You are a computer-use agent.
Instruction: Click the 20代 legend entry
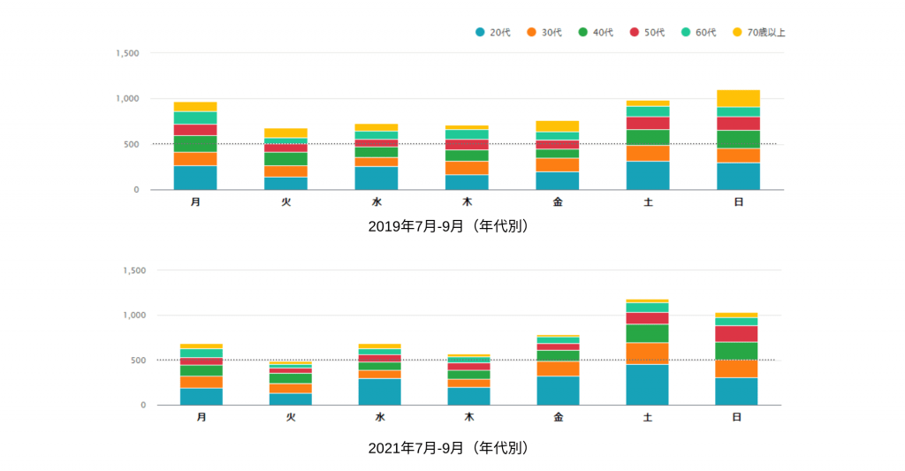tap(493, 33)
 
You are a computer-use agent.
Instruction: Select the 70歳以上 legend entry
tap(758, 33)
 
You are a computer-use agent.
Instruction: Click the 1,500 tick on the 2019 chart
tap(127, 53)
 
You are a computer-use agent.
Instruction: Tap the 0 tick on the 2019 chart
tap(136, 190)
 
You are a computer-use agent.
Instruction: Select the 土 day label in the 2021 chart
tap(648, 417)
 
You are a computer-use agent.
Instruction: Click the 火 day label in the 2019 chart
tap(285, 202)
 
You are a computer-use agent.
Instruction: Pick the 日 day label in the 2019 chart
tap(738, 202)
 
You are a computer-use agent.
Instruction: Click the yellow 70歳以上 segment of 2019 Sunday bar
tap(738, 98)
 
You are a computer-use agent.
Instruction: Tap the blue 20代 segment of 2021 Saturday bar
tap(648, 384)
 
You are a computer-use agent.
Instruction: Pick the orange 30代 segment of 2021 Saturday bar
tap(648, 353)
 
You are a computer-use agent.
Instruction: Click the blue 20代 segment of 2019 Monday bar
tap(195, 178)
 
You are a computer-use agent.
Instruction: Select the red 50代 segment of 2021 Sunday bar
tap(736, 333)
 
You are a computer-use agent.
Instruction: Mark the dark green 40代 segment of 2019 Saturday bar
tap(648, 137)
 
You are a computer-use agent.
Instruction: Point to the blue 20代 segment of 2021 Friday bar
tap(558, 391)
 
